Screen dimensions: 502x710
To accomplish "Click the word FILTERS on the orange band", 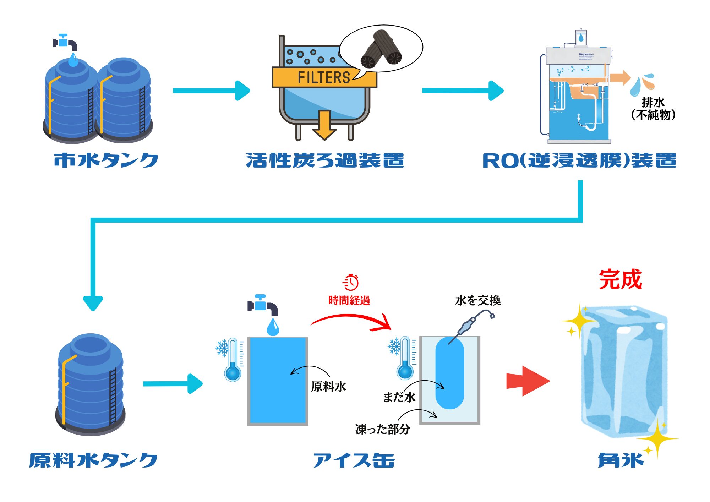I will click(323, 77).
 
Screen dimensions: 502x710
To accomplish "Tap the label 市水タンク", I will click(106, 160).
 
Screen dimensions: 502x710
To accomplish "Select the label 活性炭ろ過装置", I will click(325, 160).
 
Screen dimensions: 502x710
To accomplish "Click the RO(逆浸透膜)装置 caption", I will click(579, 160).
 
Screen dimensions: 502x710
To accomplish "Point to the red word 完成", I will click(620, 279).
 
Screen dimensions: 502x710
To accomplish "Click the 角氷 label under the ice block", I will click(621, 460).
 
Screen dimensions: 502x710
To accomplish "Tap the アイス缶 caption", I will click(354, 460).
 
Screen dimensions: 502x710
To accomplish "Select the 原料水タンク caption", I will click(93, 460).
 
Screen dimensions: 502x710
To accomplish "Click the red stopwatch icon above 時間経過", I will click(351, 282).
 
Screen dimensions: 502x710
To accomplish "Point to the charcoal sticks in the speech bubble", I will click(382, 49).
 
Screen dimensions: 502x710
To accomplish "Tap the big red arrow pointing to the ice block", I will click(528, 381).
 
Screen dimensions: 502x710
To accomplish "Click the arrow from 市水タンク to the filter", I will click(212, 91).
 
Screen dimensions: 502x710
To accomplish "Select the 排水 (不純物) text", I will click(653, 109).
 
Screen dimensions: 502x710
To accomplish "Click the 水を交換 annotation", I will click(477, 300).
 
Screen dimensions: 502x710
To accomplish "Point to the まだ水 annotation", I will click(399, 397).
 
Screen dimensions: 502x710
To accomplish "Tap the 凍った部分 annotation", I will click(383, 429).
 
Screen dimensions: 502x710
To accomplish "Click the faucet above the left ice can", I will click(263, 306).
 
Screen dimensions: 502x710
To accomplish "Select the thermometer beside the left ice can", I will click(233, 359).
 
